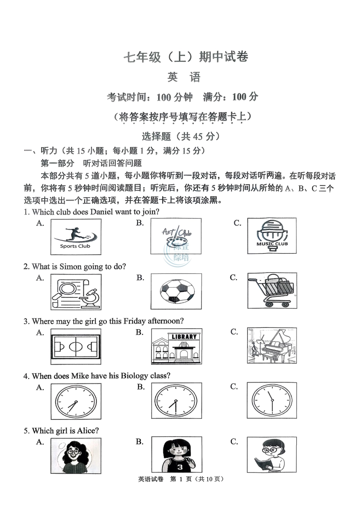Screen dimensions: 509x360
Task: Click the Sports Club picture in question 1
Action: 76,237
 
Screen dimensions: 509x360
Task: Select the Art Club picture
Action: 176,236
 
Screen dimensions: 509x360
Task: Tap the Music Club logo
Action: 272,236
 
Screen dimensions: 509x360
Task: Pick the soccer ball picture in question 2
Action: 176,291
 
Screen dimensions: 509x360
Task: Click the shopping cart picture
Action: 272,290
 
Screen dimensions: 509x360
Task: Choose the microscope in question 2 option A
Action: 91,297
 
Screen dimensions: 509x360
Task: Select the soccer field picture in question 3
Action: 76,346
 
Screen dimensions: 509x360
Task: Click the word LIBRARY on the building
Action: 184,337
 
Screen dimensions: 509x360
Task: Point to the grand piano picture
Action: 272,346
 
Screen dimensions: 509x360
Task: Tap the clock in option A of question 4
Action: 76,401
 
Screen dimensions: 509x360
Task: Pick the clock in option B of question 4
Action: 176,401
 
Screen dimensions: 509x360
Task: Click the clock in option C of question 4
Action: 272,400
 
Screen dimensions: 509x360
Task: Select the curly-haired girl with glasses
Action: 76,456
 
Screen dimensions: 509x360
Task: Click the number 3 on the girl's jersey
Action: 180,467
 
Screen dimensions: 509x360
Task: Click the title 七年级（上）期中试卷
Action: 186,57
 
